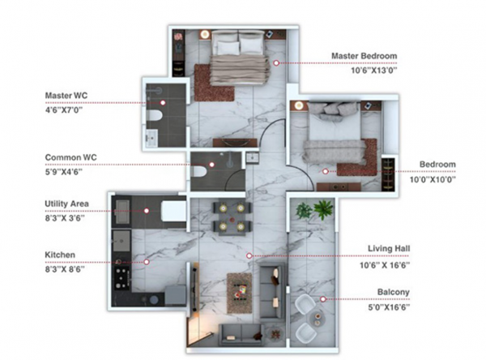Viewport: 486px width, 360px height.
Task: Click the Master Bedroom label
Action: (x=364, y=56)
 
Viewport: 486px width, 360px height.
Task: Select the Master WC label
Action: (x=66, y=96)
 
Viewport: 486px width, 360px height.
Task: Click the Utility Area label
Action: (x=67, y=204)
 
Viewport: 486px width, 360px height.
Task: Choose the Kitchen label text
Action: (x=61, y=255)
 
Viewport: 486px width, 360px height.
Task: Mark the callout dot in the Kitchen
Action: (x=147, y=262)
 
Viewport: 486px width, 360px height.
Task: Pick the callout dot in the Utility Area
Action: (x=147, y=210)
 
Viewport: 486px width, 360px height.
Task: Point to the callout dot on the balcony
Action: (x=322, y=298)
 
